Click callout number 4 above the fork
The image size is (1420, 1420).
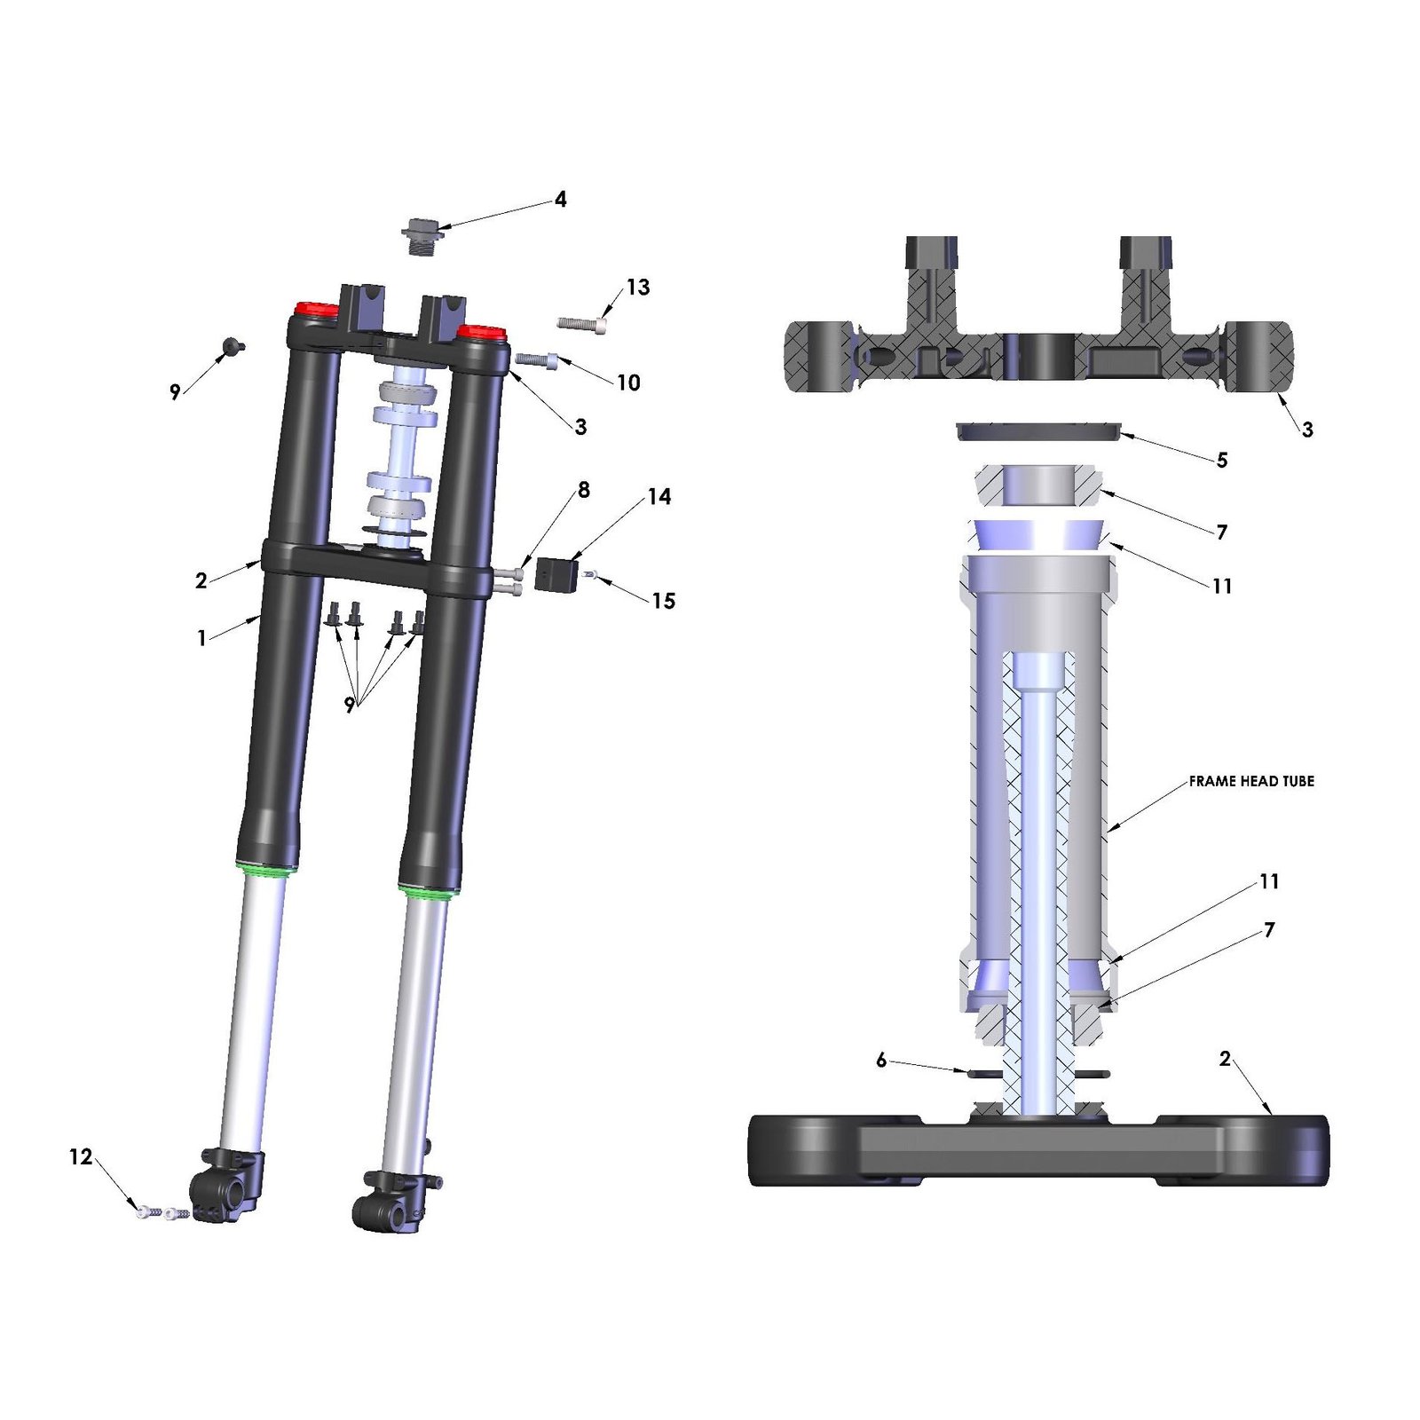(x=560, y=200)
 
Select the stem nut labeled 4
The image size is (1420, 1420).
(x=420, y=236)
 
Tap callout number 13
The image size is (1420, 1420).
(x=638, y=288)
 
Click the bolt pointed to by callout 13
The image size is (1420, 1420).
(x=582, y=324)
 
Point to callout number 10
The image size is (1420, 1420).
(x=628, y=383)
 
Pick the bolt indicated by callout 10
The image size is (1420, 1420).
(x=536, y=359)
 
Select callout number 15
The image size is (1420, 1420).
(x=664, y=601)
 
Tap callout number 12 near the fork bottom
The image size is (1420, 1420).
(x=81, y=1157)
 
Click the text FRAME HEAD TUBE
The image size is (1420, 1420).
(x=1251, y=781)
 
